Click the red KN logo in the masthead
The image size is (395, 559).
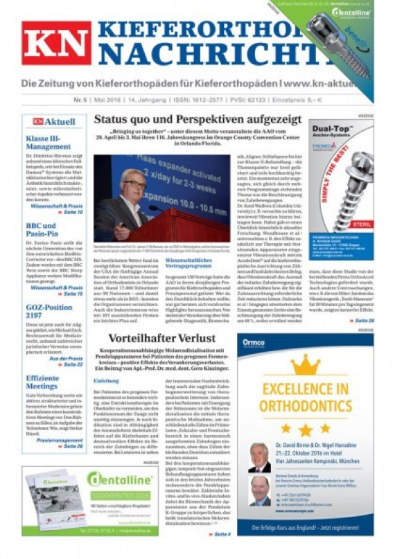tap(56, 42)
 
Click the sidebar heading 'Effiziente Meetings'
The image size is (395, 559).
tap(43, 382)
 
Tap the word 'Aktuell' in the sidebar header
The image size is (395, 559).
tap(61, 122)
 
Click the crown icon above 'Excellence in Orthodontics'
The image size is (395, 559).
tap(306, 364)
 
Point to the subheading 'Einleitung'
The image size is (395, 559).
tap(107, 381)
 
